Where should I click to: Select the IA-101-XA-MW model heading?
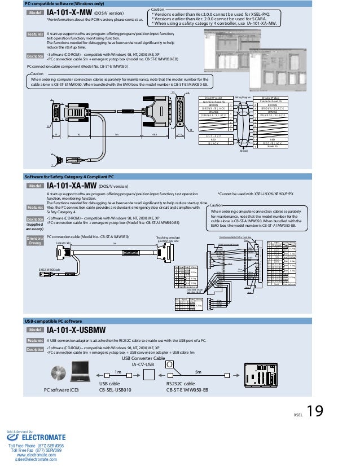click(72, 185)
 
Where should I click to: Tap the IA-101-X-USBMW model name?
click(78, 329)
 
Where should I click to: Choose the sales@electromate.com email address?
click(36, 460)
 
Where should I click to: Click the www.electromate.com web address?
click(36, 455)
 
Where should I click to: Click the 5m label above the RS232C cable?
click(197, 372)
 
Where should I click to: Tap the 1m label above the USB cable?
click(118, 372)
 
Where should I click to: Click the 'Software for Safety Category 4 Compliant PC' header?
click(69, 177)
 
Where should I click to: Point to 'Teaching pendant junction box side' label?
click(168, 239)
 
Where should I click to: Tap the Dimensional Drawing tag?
click(35, 240)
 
